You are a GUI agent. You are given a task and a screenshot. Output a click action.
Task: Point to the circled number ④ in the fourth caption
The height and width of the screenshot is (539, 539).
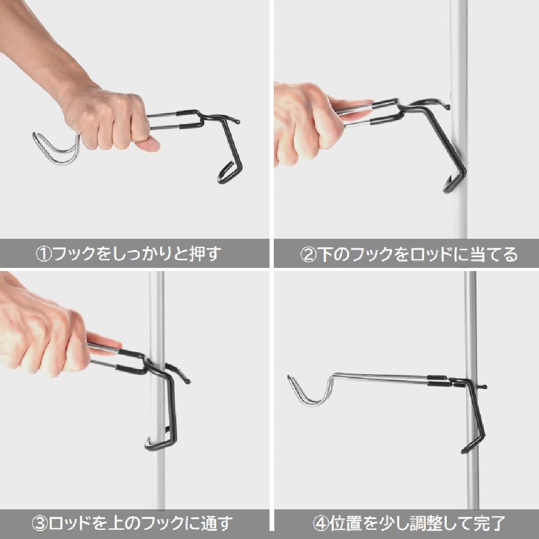[x=320, y=522]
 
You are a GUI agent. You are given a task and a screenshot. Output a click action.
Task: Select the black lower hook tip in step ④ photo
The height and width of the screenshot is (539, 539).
[x=467, y=448]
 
